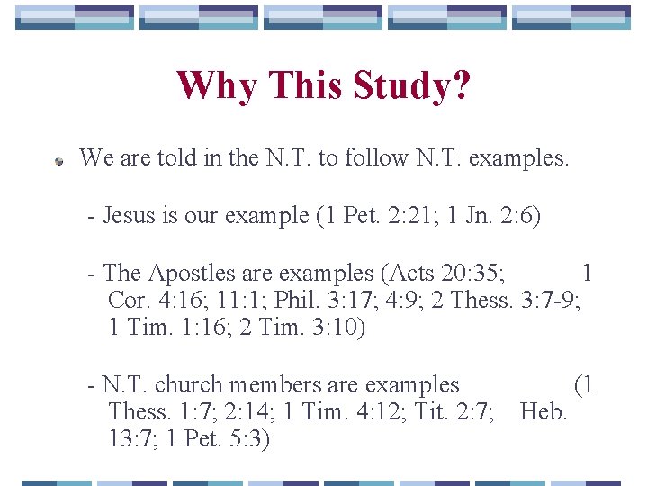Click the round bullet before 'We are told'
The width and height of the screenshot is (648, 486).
[x=57, y=162]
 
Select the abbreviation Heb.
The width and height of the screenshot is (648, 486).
[x=544, y=412]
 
